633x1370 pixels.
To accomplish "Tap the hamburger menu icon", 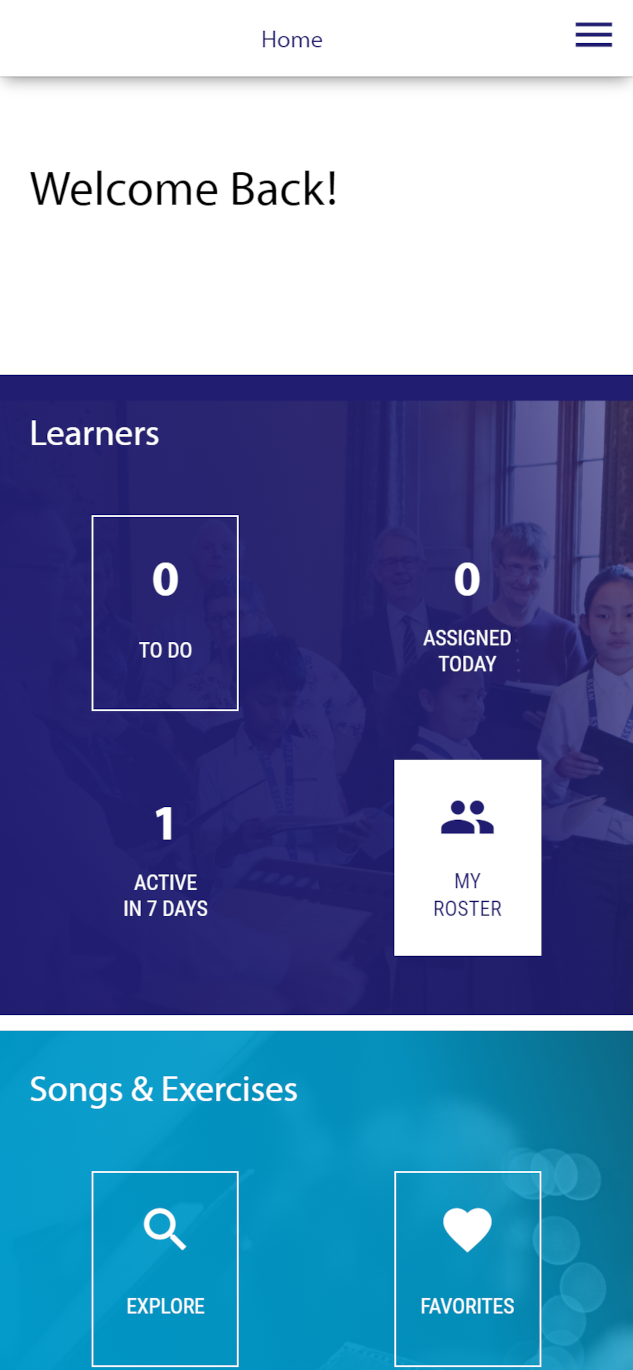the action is (x=594, y=35).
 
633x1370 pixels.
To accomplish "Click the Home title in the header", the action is (x=292, y=40).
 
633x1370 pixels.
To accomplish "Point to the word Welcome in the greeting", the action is (x=124, y=189).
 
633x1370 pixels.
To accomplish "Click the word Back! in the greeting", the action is (x=283, y=189).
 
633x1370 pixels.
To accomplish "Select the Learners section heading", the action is (x=95, y=433).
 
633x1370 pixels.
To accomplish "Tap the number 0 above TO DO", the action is (x=166, y=578).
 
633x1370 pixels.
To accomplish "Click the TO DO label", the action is (x=166, y=650).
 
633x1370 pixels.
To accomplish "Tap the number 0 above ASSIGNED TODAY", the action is (x=467, y=578).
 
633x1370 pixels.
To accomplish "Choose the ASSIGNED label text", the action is (x=467, y=638).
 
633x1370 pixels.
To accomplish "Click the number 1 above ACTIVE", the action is (x=165, y=823).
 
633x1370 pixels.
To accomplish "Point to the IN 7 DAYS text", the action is (x=166, y=909).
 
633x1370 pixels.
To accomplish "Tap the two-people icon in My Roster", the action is (x=467, y=817).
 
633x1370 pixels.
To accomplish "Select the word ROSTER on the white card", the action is (x=467, y=909).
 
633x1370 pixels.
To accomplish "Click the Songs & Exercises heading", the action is (x=164, y=1090).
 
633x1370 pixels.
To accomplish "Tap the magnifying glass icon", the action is (x=165, y=1229).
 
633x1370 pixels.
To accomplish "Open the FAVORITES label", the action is (x=467, y=1306).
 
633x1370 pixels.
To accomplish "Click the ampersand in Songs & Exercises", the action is (x=142, y=1089).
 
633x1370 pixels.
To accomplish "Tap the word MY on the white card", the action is (x=467, y=881).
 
